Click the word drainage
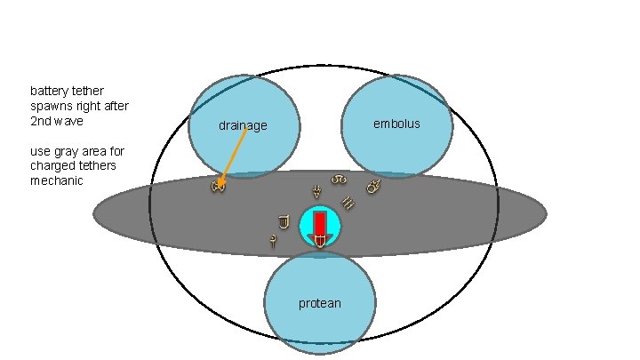coord(243,126)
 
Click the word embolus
coord(396,124)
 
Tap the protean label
coord(319,304)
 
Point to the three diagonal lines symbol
coord(348,204)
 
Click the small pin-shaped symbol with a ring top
coord(272,240)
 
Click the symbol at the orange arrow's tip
coord(218,186)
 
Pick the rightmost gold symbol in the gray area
coord(373,188)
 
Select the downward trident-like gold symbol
coord(316,190)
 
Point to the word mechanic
coord(57,180)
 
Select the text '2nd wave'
coord(56,120)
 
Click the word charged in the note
coord(51,166)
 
